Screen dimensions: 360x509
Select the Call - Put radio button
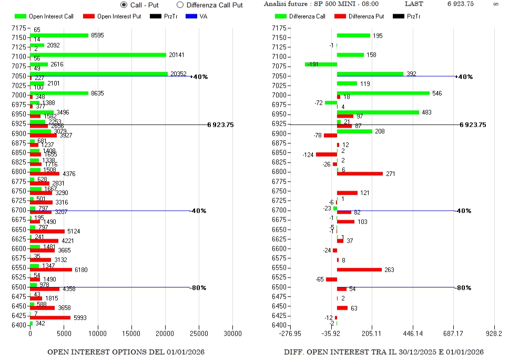[124, 5]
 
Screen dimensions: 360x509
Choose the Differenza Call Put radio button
[180, 5]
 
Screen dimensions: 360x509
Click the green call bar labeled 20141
[98, 55]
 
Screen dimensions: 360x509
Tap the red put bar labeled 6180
[51, 270]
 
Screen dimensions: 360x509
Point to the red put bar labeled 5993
[50, 317]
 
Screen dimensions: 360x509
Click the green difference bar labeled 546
[383, 93]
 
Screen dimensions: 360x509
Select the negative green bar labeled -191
[321, 64]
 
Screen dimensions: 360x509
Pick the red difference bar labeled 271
[360, 173]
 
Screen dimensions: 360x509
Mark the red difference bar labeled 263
[359, 270]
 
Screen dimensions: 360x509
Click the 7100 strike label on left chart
[19, 57]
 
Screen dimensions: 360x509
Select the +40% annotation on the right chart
[464, 77]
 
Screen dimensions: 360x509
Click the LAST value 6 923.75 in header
[461, 4]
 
